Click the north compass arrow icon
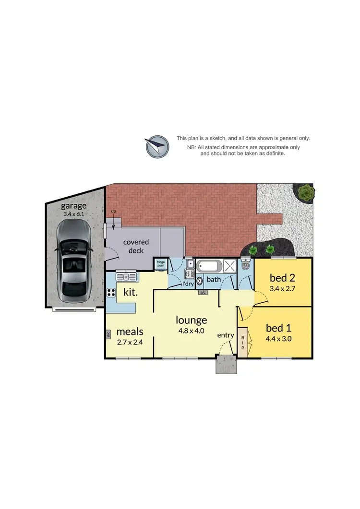click(157, 146)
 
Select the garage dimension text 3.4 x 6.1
click(73, 214)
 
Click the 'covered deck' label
click(136, 246)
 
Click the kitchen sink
click(126, 277)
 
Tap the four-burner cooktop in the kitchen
click(111, 292)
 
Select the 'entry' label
click(226, 335)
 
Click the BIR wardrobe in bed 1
click(243, 342)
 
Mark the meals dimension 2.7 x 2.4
click(130, 343)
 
